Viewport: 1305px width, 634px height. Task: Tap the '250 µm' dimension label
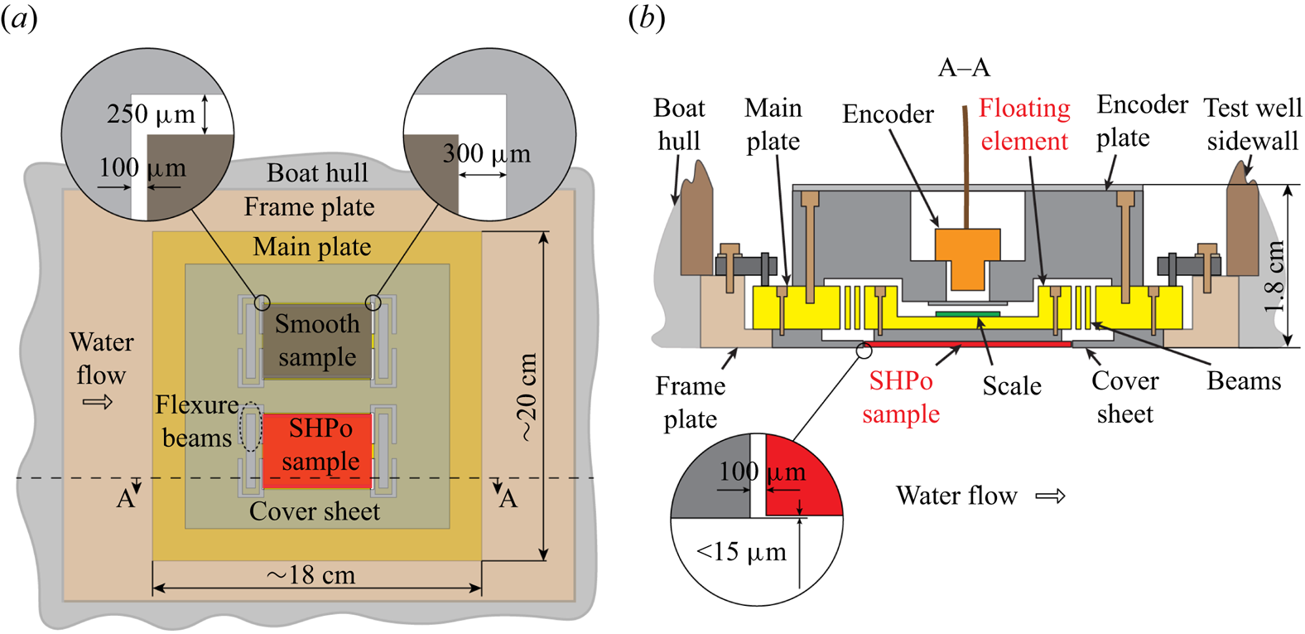pyautogui.click(x=151, y=114)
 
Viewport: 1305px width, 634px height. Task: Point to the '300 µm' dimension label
pyautogui.click(x=487, y=154)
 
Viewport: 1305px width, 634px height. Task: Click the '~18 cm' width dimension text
pyautogui.click(x=311, y=575)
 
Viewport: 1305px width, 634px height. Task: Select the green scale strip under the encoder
pyautogui.click(x=967, y=314)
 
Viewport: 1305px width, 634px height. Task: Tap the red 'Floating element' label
pyautogui.click(x=1024, y=124)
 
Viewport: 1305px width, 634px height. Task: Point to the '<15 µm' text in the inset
pyautogui.click(x=741, y=552)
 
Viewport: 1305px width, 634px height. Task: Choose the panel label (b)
pyautogui.click(x=647, y=18)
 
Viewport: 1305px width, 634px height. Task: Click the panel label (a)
pyautogui.click(x=19, y=18)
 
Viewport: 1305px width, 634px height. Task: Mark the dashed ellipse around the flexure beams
pyautogui.click(x=250, y=428)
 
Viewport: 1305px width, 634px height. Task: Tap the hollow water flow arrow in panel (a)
pyautogui.click(x=98, y=403)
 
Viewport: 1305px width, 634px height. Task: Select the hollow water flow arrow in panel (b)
pyautogui.click(x=1051, y=496)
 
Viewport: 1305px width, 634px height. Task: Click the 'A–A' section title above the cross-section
pyautogui.click(x=964, y=68)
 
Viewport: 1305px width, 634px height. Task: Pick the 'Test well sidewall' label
pyautogui.click(x=1252, y=124)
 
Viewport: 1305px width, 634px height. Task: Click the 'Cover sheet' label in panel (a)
pyautogui.click(x=315, y=512)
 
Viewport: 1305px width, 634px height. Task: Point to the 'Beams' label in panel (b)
pyautogui.click(x=1244, y=381)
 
